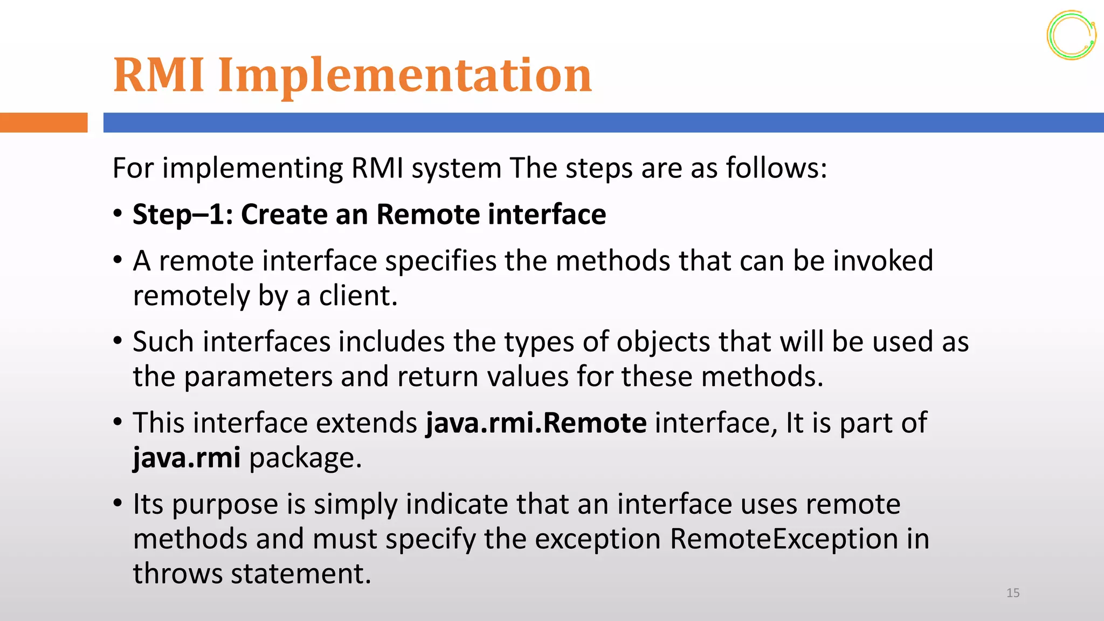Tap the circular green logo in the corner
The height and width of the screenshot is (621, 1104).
(1071, 35)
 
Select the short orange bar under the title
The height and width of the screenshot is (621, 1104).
(43, 122)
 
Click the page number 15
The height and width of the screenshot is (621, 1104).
(1012, 593)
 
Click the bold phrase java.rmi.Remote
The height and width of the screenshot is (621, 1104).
(536, 423)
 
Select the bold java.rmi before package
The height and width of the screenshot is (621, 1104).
(187, 458)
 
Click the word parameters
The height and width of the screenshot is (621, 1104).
(258, 376)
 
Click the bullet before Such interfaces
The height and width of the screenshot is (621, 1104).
(118, 341)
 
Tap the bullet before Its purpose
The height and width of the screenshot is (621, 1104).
(118, 503)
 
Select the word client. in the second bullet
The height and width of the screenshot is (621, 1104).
(358, 296)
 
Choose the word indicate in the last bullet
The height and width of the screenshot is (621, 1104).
(456, 504)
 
